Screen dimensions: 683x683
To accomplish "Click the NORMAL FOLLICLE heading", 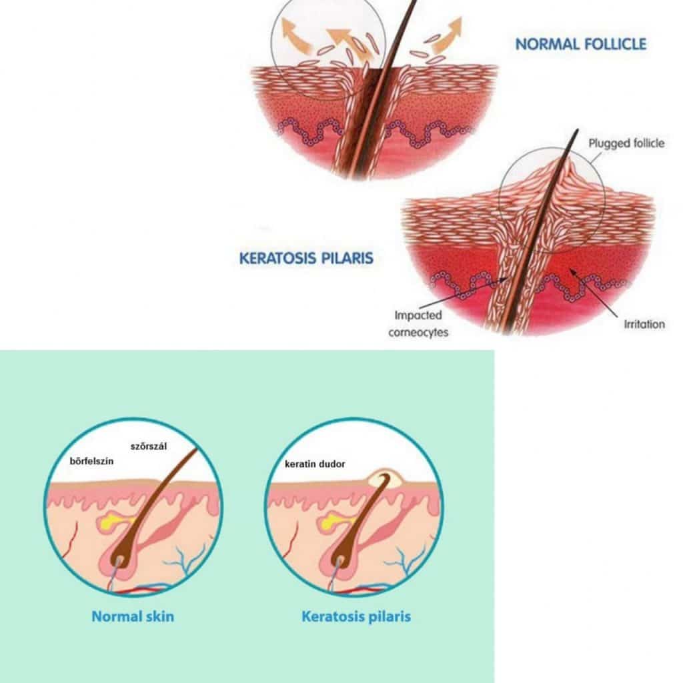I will [580, 44].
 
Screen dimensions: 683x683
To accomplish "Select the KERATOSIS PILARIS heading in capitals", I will [306, 258].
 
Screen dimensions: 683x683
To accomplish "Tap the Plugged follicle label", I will [627, 143].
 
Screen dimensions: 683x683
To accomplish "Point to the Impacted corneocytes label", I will [418, 323].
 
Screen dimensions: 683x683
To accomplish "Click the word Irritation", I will [644, 324].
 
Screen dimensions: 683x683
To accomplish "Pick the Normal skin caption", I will [133, 616].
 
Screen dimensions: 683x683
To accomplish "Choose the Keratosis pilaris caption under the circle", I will [356, 616].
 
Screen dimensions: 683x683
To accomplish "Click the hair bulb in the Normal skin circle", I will [122, 552].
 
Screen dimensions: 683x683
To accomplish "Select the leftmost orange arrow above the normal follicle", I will [293, 34].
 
